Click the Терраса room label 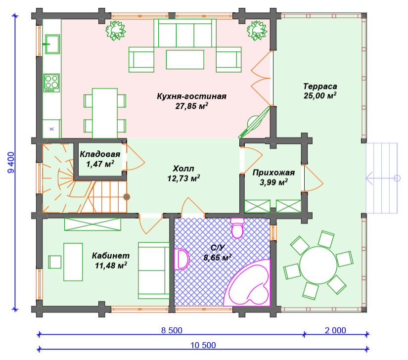pyautogui.click(x=320, y=86)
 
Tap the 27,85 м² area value pyautogui.click(x=192, y=106)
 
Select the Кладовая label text pyautogui.click(x=100, y=154)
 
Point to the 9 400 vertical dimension pyautogui.click(x=11, y=163)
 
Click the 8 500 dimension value pyautogui.click(x=172, y=330)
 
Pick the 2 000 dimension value pyautogui.click(x=335, y=330)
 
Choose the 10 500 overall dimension pyautogui.click(x=203, y=345)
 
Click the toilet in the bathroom pyautogui.click(x=237, y=228)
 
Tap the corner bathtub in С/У pyautogui.click(x=247, y=282)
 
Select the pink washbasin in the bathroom pyautogui.click(x=181, y=259)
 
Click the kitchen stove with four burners pyautogui.click(x=52, y=83)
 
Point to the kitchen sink pyautogui.click(x=52, y=44)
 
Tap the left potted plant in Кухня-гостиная pyautogui.click(x=116, y=31)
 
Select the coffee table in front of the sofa pyautogui.click(x=185, y=59)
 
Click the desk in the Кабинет pyautogui.click(x=73, y=262)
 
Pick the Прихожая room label pyautogui.click(x=273, y=173)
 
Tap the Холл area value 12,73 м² pyautogui.click(x=183, y=179)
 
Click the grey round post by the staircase pyautogui.click(x=127, y=197)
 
